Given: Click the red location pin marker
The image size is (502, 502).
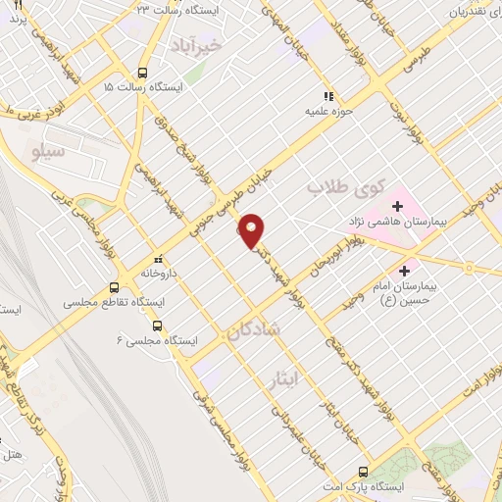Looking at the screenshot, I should click(252, 229).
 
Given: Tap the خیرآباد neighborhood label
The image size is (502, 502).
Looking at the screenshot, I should click(223, 45).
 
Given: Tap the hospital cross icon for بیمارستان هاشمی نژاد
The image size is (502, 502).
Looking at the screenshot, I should click(398, 206).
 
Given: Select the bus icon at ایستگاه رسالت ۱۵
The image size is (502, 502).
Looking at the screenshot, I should click(143, 73).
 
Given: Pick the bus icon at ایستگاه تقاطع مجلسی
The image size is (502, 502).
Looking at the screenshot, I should click(115, 287).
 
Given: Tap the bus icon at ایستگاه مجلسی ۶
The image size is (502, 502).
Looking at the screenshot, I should click(158, 326).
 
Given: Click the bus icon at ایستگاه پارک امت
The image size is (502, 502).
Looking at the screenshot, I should click(364, 472).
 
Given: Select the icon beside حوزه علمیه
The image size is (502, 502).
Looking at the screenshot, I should click(329, 96).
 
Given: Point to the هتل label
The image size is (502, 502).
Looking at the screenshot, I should click(13, 456).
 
